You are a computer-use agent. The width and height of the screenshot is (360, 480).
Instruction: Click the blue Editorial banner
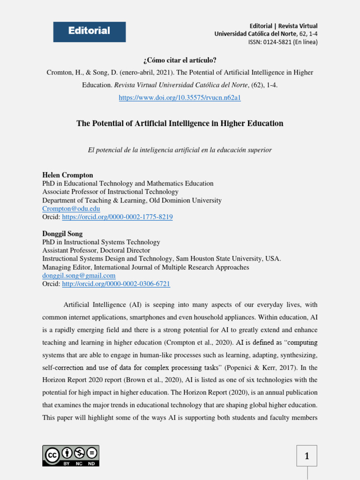coord(89,31)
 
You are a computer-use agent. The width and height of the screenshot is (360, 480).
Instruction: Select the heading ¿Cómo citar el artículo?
coord(180,60)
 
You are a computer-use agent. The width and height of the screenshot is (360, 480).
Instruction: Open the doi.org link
coord(180,98)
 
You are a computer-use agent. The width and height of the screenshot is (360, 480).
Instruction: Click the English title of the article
coord(180,124)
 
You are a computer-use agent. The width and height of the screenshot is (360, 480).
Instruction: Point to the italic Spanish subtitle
coord(180,150)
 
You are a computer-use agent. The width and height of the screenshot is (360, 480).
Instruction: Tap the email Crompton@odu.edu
coord(71,209)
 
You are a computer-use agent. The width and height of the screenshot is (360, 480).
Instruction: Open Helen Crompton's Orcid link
coord(117,217)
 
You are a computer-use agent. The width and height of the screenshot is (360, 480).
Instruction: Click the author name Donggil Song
coord(62,233)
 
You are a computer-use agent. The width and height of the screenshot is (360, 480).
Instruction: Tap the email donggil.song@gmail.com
coord(79,276)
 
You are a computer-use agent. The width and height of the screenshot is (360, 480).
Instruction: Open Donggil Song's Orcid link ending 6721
coord(116,284)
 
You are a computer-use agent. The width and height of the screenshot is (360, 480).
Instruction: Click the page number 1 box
coord(307,456)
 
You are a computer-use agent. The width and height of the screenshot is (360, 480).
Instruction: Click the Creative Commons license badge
coord(71,455)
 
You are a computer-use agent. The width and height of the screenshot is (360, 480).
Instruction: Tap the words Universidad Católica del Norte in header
coord(255,34)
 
